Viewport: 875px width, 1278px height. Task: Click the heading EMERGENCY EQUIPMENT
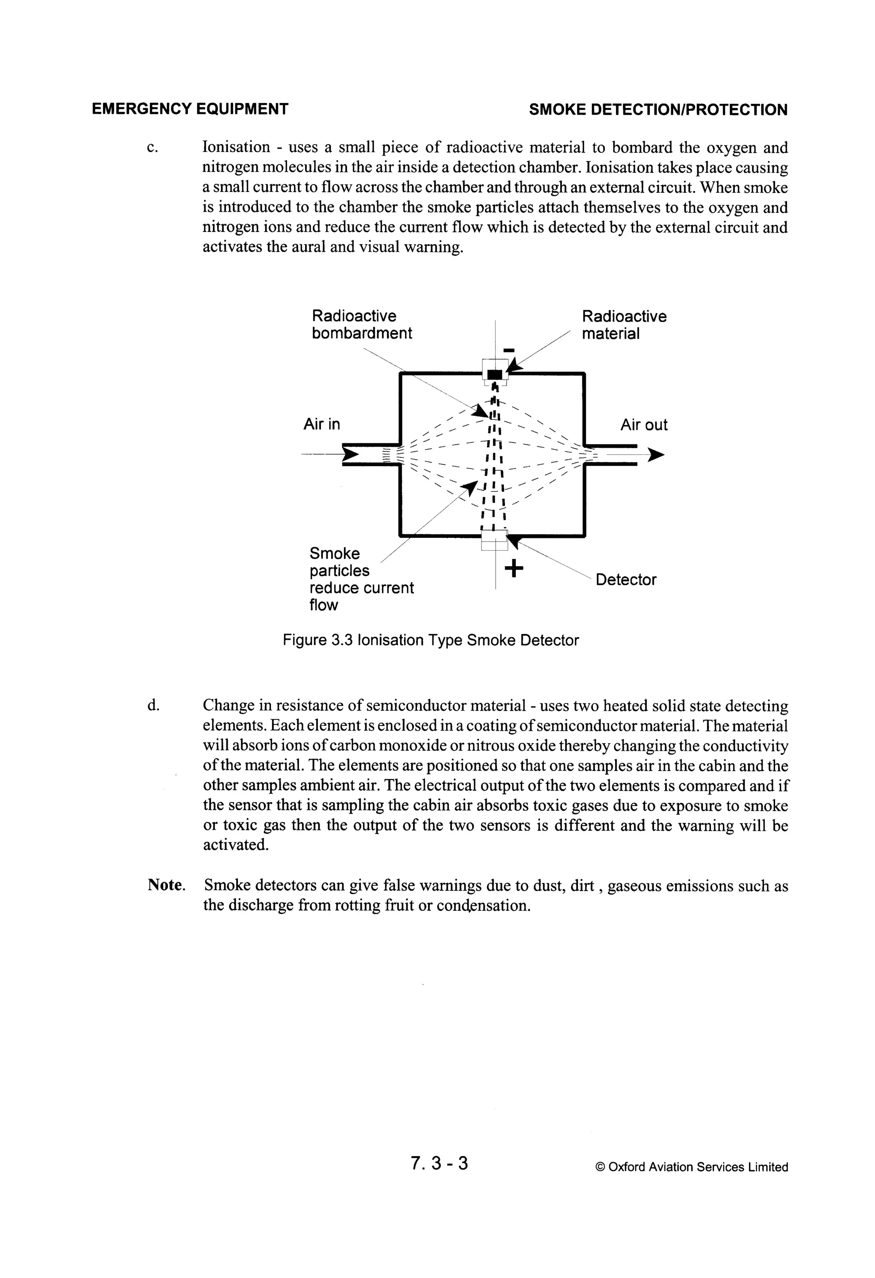pyautogui.click(x=190, y=109)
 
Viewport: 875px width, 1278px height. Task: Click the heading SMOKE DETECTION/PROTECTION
pyautogui.click(x=658, y=109)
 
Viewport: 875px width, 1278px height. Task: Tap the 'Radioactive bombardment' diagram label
pyautogui.click(x=361, y=325)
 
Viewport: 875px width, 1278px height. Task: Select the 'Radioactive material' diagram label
pyautogui.click(x=624, y=325)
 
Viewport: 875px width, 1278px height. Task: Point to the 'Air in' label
pyautogui.click(x=322, y=424)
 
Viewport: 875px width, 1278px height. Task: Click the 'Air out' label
pyautogui.click(x=643, y=425)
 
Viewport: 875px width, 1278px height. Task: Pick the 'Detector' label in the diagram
pyautogui.click(x=625, y=580)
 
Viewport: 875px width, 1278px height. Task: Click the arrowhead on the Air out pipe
pyautogui.click(x=656, y=455)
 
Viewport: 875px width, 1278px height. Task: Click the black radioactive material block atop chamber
pyautogui.click(x=495, y=375)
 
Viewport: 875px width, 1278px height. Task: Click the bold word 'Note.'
pyautogui.click(x=167, y=885)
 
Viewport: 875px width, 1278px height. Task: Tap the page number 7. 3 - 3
pyautogui.click(x=439, y=1163)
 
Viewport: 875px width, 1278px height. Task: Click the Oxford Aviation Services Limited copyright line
pyautogui.click(x=691, y=1167)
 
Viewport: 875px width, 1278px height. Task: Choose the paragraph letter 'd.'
pyautogui.click(x=153, y=705)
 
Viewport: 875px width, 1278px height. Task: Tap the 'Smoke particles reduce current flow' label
pyautogui.click(x=361, y=579)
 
